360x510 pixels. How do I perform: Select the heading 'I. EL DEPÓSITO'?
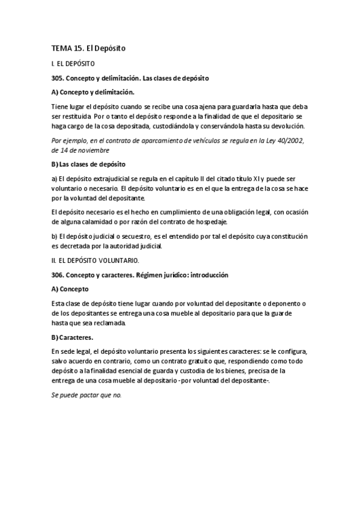pyautogui.click(x=73, y=63)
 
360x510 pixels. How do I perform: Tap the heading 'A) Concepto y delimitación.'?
pyautogui.click(x=93, y=93)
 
